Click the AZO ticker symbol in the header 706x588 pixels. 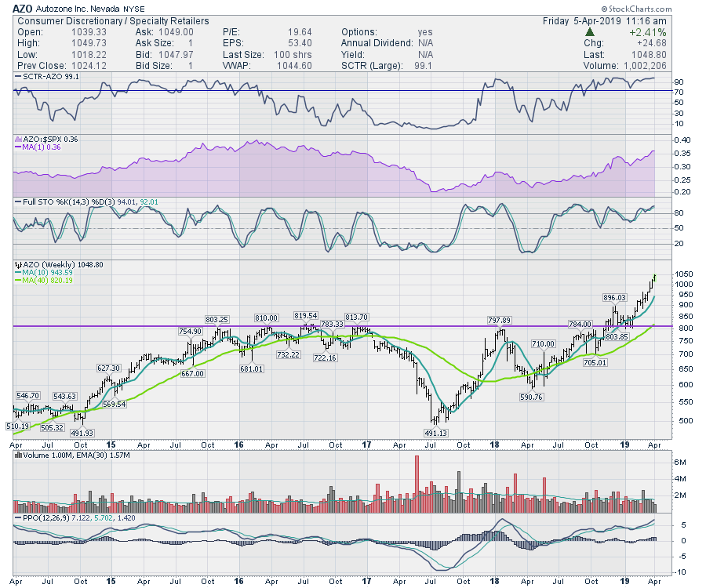(x=23, y=7)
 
